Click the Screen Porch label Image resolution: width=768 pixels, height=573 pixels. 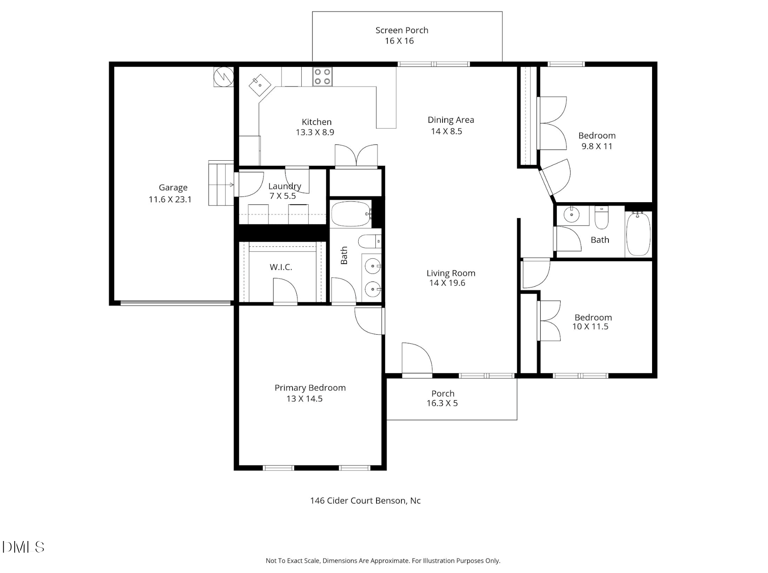click(x=401, y=30)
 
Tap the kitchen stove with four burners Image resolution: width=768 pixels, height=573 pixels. click(x=322, y=76)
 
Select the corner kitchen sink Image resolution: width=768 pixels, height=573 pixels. click(x=260, y=85)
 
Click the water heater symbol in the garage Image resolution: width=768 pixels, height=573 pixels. click(x=224, y=77)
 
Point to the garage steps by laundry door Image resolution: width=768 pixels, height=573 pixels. click(x=221, y=183)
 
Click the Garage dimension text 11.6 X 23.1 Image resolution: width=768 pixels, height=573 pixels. click(x=170, y=199)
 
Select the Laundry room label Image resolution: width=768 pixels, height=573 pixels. click(x=285, y=186)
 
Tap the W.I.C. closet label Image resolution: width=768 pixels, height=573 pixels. click(x=281, y=267)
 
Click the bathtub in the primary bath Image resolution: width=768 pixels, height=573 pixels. click(x=351, y=214)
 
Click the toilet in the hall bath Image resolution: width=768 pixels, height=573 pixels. click(x=601, y=218)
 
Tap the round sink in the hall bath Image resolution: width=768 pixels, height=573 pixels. click(x=572, y=215)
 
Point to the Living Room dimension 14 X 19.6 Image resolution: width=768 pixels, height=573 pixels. click(x=447, y=283)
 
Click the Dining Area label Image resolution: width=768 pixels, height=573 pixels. click(x=451, y=120)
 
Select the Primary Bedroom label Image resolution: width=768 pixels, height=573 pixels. click(x=310, y=388)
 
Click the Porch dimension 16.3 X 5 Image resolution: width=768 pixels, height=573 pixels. click(x=442, y=403)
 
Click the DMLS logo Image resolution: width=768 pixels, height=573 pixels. click(x=23, y=547)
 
